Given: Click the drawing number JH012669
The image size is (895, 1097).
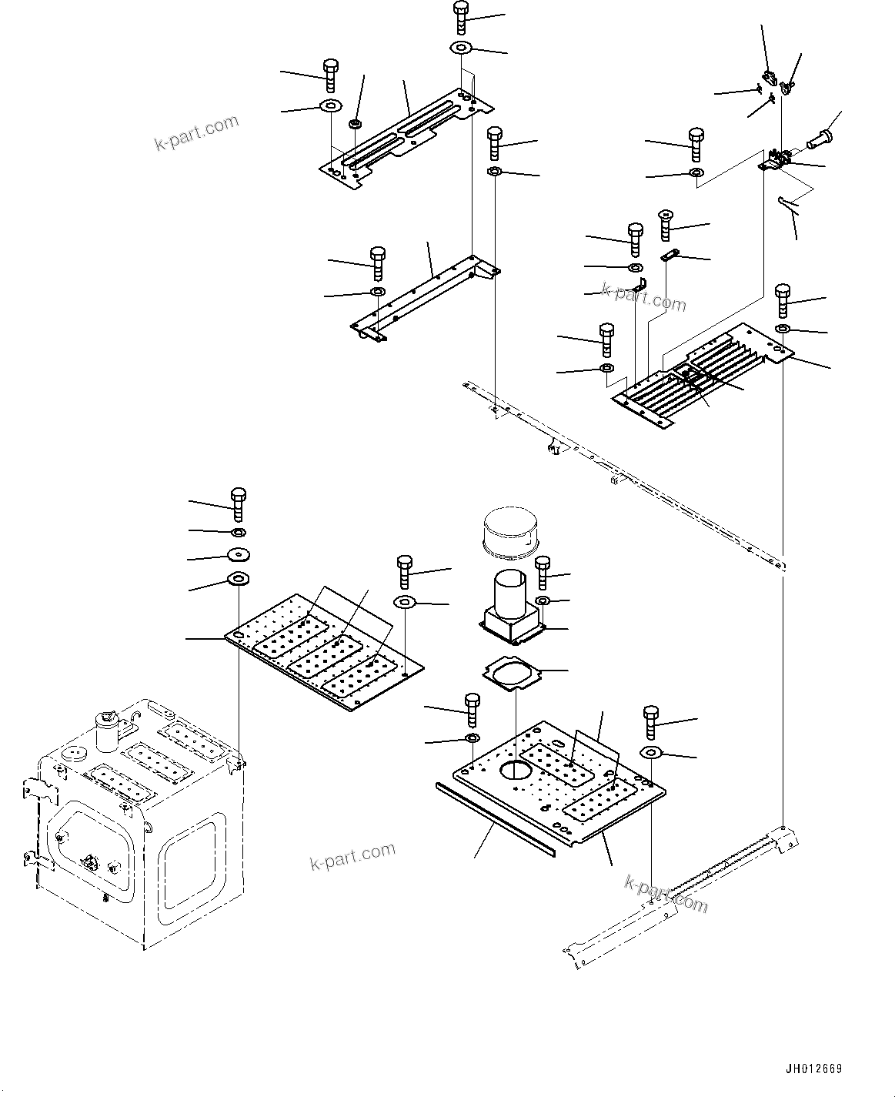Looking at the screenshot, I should (x=813, y=1069).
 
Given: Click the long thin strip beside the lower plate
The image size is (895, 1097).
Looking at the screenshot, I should (x=493, y=818).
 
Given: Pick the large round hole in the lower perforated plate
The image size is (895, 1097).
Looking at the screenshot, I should (x=513, y=769).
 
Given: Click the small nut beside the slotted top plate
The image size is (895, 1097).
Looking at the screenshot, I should (x=356, y=122).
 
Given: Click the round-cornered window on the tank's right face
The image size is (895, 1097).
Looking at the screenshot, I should (x=190, y=871).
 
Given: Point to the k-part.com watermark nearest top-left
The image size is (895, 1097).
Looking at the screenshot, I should (x=197, y=132).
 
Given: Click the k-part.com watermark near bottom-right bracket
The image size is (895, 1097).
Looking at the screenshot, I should (x=666, y=893).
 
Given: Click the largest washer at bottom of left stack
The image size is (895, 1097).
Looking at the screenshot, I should (x=239, y=578).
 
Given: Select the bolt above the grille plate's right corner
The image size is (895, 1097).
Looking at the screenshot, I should (x=783, y=299).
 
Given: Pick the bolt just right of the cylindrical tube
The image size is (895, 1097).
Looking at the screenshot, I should (x=543, y=571).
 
